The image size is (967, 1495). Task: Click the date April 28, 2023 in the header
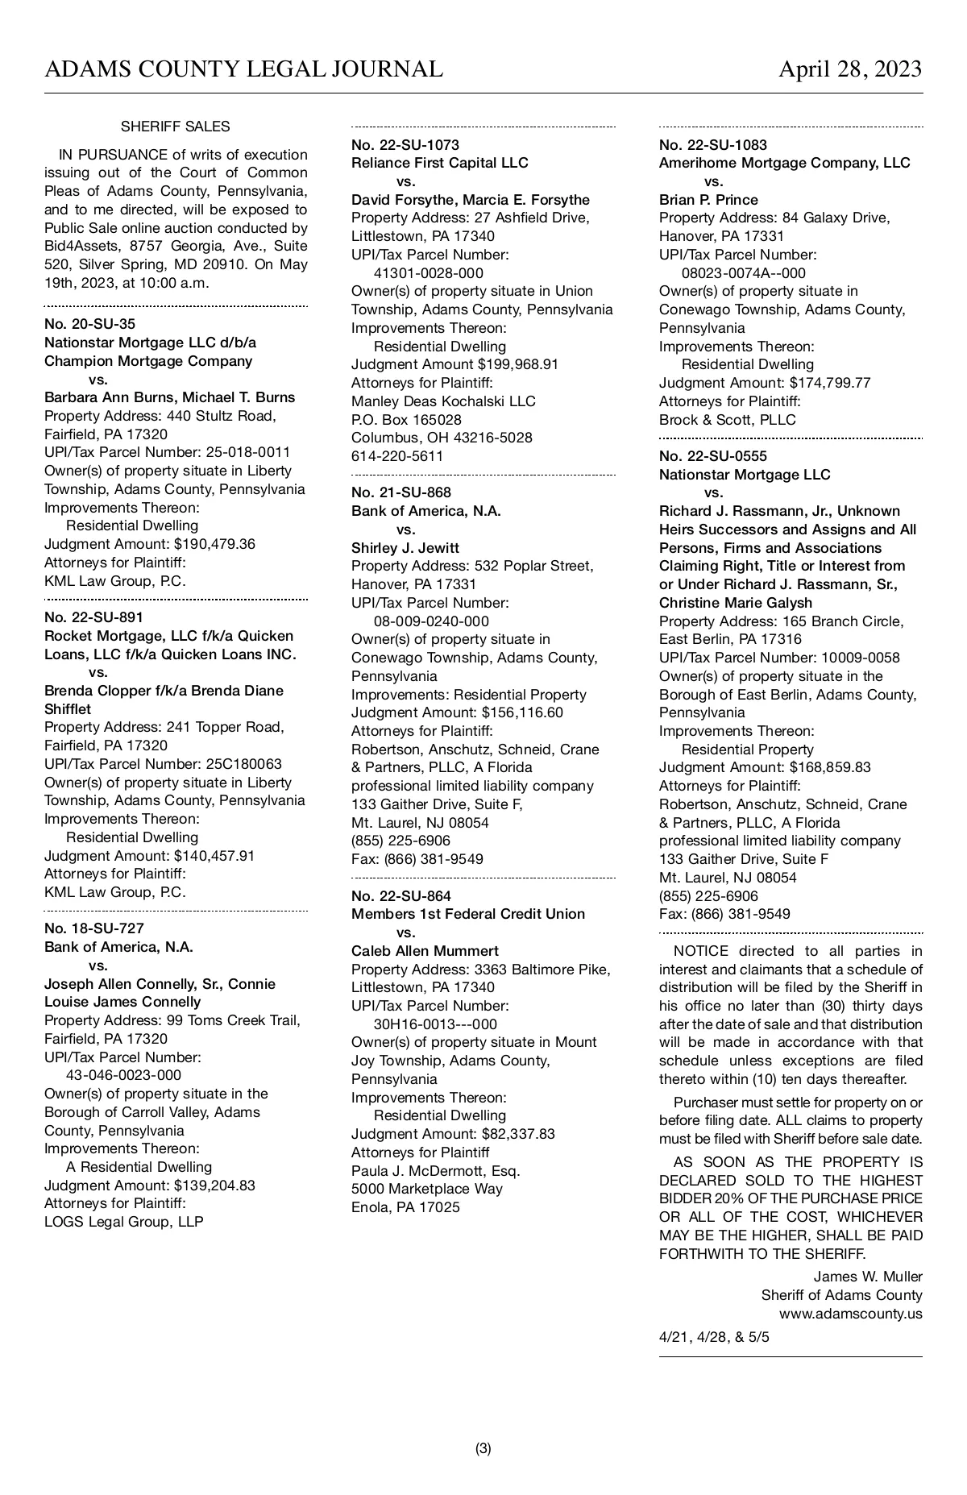pos(849,70)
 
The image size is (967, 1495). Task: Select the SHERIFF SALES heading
pos(175,127)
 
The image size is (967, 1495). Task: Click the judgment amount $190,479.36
pos(214,544)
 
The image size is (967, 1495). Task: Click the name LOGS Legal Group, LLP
pos(123,1222)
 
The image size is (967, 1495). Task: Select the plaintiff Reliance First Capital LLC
pos(439,163)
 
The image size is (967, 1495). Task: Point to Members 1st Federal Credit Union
pos(467,914)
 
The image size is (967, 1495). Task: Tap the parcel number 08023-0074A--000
pos(743,273)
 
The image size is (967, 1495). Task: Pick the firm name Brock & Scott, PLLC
pos(727,420)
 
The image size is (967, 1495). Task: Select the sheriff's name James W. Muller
pos(867,1277)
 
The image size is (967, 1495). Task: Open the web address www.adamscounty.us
pos(850,1314)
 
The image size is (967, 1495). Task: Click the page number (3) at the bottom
pos(483,1448)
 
